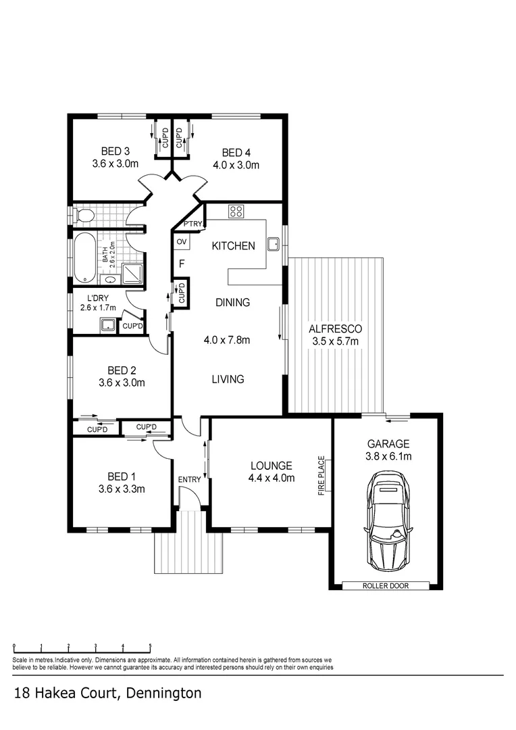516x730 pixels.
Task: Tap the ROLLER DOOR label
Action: pos(386,586)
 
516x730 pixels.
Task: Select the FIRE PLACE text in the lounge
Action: pos(322,476)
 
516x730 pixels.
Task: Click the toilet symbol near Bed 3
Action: pos(84,216)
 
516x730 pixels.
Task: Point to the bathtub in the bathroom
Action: pos(85,258)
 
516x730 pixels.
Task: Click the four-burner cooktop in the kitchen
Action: pos(237,212)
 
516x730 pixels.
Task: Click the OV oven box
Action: pos(181,242)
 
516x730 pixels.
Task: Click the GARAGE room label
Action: pos(388,444)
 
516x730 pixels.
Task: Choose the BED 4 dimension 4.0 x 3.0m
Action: pos(236,164)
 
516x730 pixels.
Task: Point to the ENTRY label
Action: pos(189,479)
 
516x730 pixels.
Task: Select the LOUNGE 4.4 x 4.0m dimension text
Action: pos(271,478)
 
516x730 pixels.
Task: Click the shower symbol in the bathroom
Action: pos(132,273)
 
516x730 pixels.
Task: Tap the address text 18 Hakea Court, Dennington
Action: pos(107,693)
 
